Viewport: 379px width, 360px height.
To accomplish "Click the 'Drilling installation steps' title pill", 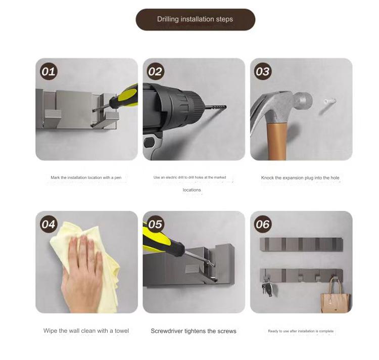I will pos(195,19).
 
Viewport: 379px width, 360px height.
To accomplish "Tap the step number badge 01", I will pos(48,71).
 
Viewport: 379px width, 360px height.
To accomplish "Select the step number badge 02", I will pos(155,71).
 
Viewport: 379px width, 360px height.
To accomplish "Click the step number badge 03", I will pos(262,71).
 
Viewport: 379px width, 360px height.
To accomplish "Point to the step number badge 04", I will pos(48,223).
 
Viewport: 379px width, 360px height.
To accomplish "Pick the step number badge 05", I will pos(155,223).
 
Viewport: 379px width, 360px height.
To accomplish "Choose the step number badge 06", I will pos(262,223).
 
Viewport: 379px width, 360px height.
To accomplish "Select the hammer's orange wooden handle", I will pos(276,142).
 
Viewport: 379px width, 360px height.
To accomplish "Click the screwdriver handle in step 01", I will pos(125,96).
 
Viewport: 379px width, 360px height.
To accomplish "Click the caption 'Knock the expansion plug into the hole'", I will pos(300,178).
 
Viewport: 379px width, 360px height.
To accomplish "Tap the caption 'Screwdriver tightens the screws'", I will pos(194,331).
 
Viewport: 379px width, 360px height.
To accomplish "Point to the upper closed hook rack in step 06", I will pos(301,245).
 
